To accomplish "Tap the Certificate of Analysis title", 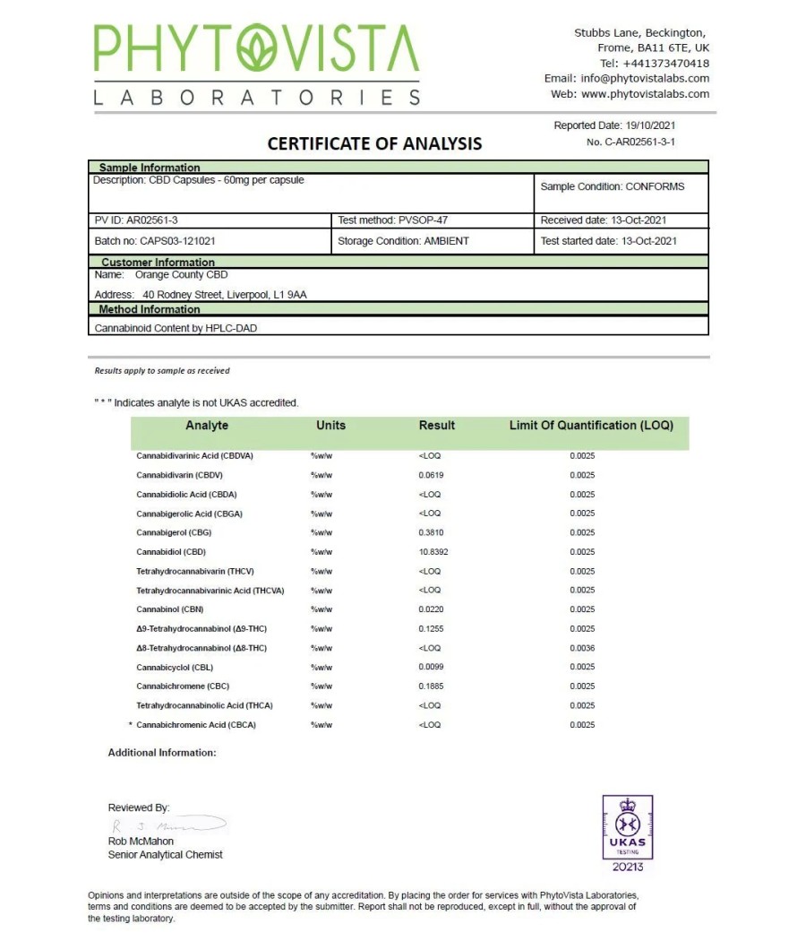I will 374,143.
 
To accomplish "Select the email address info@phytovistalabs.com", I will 645,79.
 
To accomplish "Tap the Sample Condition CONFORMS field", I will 613,187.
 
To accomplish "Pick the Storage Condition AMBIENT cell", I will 403,241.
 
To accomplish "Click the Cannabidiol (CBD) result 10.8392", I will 433,552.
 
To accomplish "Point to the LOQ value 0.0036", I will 582,648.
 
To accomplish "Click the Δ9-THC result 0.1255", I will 430,629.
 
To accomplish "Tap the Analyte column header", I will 207,426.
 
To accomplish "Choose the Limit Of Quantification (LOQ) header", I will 591,426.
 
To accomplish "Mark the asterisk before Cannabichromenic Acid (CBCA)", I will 131,724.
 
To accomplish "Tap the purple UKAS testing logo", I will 627,832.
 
